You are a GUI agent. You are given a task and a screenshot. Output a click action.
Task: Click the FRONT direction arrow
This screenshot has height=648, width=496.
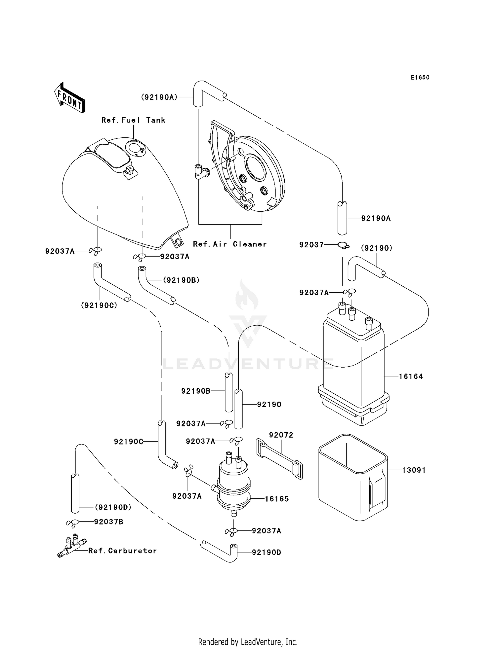69,98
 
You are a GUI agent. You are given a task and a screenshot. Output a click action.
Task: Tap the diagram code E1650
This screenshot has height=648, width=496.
420,78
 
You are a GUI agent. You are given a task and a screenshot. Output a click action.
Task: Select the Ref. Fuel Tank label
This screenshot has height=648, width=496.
133,120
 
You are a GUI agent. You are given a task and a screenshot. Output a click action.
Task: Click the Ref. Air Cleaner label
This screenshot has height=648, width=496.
230,244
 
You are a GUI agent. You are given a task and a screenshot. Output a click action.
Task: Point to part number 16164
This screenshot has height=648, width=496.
411,377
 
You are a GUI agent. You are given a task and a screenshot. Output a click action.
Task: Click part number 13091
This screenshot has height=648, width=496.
414,470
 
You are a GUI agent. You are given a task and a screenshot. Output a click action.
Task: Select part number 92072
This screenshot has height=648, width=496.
281,435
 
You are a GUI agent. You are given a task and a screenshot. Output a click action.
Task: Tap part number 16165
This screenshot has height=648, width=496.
277,499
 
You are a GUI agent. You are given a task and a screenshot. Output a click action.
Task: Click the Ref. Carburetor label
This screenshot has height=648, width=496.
122,551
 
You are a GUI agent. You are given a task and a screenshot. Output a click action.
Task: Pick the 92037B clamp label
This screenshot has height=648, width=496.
108,522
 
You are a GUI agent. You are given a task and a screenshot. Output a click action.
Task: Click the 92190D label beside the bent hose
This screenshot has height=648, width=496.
267,552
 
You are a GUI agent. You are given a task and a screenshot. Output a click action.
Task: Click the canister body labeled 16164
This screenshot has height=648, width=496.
353,370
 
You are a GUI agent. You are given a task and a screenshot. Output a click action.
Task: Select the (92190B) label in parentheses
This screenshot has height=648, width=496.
181,280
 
